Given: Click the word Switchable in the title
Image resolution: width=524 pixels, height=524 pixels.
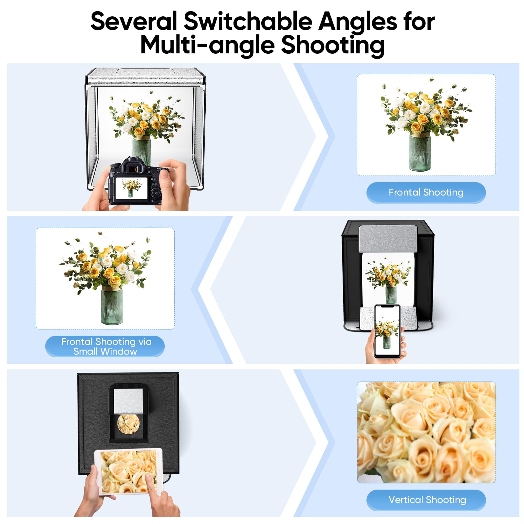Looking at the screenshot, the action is (x=248, y=21).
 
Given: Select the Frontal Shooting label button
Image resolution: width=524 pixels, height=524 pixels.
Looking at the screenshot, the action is (x=426, y=193).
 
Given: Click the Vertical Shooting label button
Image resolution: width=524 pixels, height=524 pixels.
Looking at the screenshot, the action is (x=426, y=500).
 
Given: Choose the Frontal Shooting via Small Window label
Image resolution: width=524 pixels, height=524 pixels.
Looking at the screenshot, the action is (x=105, y=346).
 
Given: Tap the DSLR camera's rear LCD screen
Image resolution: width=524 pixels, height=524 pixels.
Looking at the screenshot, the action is (x=131, y=188).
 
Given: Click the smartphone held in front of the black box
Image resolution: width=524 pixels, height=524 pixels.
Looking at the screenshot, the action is (x=387, y=331).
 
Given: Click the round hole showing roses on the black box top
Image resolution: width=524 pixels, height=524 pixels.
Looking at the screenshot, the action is (x=128, y=424).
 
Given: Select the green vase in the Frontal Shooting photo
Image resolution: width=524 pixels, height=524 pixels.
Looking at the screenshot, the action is (x=420, y=153).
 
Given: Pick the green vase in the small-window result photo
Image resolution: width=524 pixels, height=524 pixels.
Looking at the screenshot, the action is (x=112, y=306).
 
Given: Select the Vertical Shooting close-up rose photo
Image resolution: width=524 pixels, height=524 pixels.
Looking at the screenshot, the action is (x=426, y=432).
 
